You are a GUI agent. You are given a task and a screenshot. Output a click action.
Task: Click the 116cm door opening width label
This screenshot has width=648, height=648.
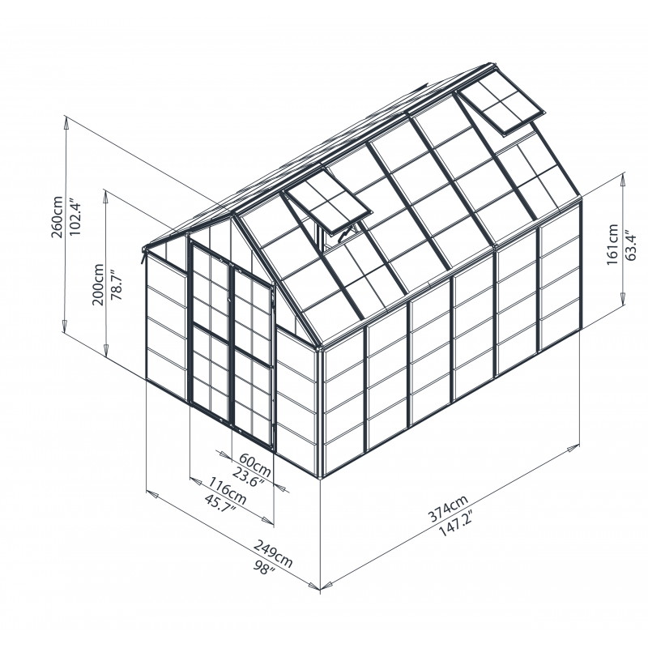point(227,491)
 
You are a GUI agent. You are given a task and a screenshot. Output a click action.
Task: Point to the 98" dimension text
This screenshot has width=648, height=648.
point(265,568)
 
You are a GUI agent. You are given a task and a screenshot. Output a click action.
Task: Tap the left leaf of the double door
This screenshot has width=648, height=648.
point(211,332)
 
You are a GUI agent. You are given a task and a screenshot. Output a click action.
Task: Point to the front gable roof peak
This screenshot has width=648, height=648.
point(234,212)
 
